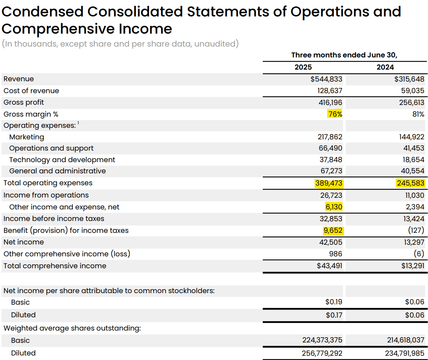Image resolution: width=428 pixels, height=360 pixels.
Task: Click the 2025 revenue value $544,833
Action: (x=326, y=79)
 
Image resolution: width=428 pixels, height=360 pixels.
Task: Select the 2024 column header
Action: (x=385, y=67)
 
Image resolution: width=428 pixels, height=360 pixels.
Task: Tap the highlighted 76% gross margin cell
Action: (x=335, y=114)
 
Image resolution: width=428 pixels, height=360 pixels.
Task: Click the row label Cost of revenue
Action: (x=31, y=91)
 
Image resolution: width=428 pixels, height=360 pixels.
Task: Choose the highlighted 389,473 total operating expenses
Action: (x=329, y=183)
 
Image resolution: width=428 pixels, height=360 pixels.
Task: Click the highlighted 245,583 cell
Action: (x=411, y=183)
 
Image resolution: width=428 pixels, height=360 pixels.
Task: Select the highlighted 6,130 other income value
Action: (x=334, y=207)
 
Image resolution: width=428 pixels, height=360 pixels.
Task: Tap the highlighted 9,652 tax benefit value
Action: (x=332, y=230)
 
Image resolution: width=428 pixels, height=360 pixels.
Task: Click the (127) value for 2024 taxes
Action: (x=416, y=230)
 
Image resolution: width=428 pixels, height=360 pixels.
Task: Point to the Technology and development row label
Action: (x=62, y=160)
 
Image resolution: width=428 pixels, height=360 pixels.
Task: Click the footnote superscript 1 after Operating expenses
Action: (x=78, y=123)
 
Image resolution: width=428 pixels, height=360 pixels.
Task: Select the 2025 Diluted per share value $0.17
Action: (x=334, y=315)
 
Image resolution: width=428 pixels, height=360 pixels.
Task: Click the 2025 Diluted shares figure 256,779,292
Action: (x=322, y=353)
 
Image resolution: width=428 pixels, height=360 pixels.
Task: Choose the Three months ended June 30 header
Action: (x=344, y=55)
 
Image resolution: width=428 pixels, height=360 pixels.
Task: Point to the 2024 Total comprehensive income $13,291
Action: (x=413, y=266)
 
